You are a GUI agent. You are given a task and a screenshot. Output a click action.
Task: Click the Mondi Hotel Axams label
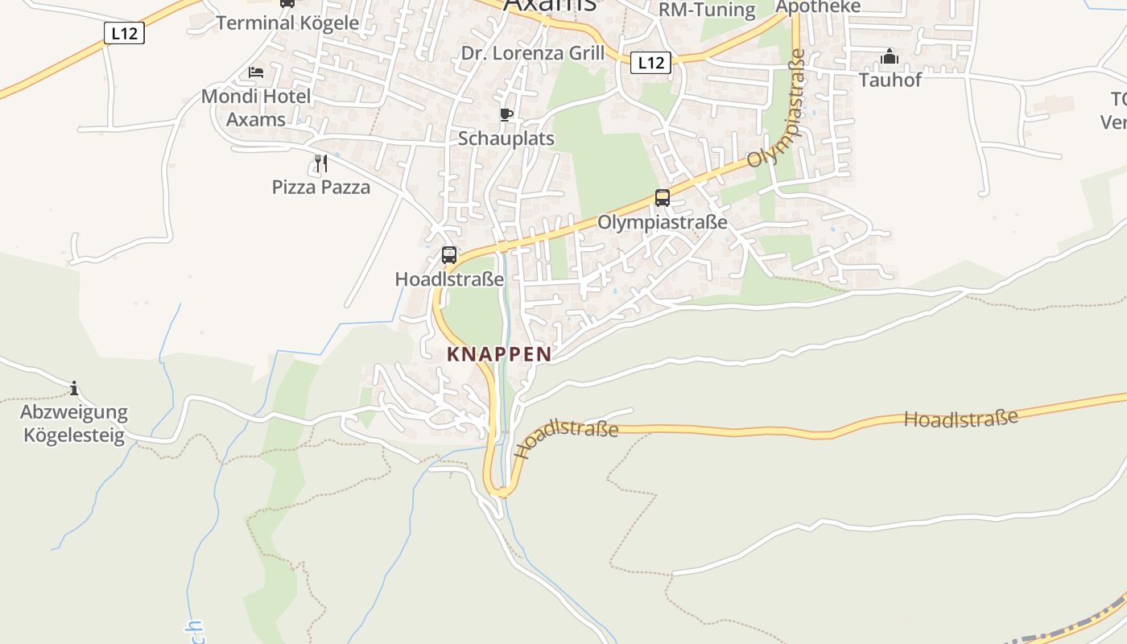[x=255, y=108]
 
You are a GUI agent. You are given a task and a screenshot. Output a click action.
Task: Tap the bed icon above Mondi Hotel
[x=256, y=72]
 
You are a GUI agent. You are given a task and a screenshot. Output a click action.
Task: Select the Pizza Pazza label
[x=321, y=188]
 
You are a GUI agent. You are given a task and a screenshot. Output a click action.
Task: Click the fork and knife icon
[x=321, y=163]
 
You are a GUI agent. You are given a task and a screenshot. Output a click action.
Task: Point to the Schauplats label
[x=506, y=138]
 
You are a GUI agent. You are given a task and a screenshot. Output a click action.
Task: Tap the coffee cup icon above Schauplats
[x=506, y=115]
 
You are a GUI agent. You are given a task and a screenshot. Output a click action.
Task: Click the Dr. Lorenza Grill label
[x=532, y=53]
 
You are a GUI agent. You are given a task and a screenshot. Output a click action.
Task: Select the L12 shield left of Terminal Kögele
[x=124, y=33]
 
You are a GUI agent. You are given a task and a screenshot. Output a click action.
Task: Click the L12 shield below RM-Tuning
[x=650, y=62]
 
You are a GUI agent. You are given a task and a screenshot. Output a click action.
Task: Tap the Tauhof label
[x=890, y=80]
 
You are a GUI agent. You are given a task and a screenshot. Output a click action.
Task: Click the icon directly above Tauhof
[x=890, y=56]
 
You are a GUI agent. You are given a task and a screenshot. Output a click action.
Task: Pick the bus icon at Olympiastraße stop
[x=663, y=198]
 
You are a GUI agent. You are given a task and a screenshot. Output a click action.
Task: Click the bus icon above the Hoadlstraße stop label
[x=449, y=255]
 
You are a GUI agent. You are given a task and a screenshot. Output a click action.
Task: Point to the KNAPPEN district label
[x=499, y=354]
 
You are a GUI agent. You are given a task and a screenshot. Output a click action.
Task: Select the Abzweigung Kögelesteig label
[x=74, y=424]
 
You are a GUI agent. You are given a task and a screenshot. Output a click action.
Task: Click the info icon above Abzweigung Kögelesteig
[x=74, y=389]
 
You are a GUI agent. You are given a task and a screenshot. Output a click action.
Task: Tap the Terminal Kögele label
[x=287, y=23]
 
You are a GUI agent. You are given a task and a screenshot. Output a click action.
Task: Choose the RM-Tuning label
[x=707, y=10]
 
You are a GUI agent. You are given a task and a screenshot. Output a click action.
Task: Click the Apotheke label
[x=818, y=7]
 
